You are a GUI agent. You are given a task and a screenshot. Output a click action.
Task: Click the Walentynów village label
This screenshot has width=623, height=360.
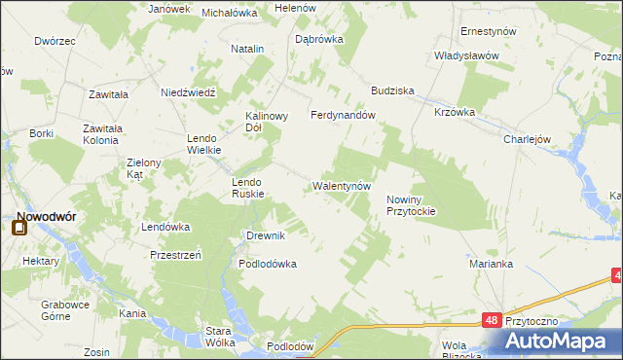[341, 186]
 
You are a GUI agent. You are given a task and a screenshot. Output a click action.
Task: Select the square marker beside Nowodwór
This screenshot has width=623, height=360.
[18, 230]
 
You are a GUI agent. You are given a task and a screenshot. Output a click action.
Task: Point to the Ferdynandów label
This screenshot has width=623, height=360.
[343, 115]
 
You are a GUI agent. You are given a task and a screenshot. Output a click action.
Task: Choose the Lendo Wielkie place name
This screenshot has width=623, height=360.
[204, 144]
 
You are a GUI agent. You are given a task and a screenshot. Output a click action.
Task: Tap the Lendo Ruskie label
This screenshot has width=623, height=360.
[247, 188]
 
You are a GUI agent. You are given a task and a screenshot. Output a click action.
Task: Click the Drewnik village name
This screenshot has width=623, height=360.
[265, 236]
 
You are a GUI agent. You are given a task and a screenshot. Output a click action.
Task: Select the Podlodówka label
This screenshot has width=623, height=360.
[268, 264]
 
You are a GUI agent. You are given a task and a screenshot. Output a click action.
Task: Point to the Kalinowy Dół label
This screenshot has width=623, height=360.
[266, 121]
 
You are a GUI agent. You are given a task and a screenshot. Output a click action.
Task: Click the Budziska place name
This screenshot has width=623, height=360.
[392, 90]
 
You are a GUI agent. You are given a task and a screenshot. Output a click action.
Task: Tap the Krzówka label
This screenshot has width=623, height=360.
[455, 112]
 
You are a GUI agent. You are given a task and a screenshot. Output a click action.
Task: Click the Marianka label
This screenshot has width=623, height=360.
[490, 264]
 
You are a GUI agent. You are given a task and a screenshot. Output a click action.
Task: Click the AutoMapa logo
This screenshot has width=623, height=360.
[563, 340]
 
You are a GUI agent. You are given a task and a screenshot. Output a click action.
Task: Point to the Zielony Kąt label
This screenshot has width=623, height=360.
[135, 167]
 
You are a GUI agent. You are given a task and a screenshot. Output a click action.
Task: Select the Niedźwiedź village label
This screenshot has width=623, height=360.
[187, 92]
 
